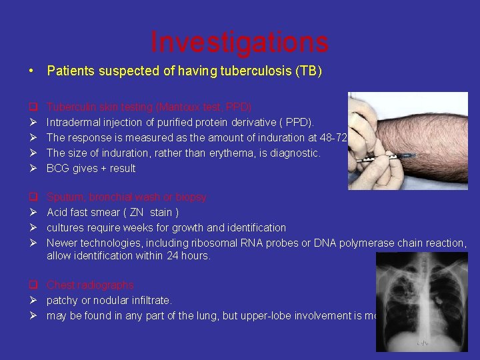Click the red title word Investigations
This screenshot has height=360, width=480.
(x=239, y=42)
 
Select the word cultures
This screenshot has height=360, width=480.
(x=66, y=228)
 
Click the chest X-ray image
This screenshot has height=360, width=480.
(x=421, y=300)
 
